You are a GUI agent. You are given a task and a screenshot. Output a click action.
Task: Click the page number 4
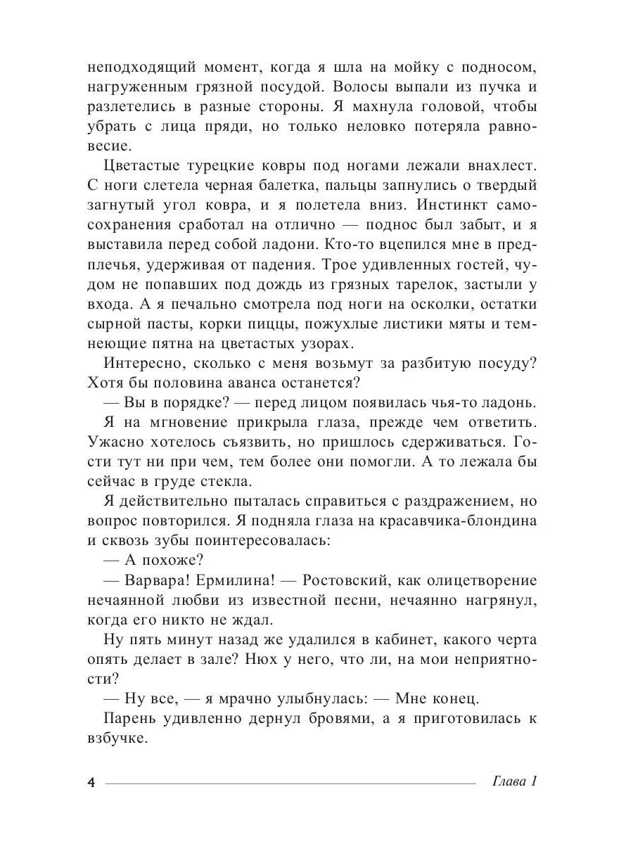click(89, 784)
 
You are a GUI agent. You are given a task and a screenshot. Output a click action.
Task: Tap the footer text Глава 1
click(517, 783)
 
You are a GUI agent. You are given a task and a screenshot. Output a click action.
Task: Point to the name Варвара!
click(153, 582)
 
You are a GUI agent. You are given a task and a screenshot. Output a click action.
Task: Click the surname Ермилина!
click(234, 582)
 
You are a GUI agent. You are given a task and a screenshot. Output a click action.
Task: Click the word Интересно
click(139, 364)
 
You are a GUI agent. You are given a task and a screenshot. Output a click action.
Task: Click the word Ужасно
click(115, 443)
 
